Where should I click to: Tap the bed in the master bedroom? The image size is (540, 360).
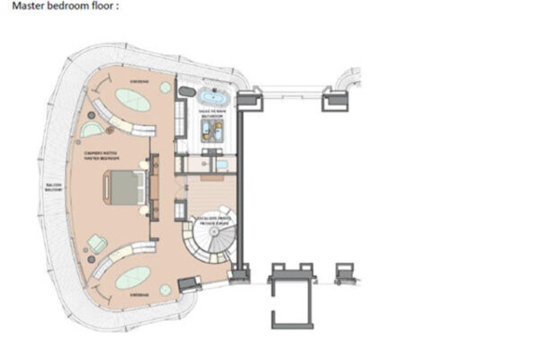tap(125, 188)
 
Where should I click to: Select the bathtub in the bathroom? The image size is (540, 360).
tap(214, 96)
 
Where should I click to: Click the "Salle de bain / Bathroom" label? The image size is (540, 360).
tap(211, 112)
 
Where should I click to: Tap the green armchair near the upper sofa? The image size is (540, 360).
tap(94, 130)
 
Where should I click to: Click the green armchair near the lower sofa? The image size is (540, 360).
tap(94, 241)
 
